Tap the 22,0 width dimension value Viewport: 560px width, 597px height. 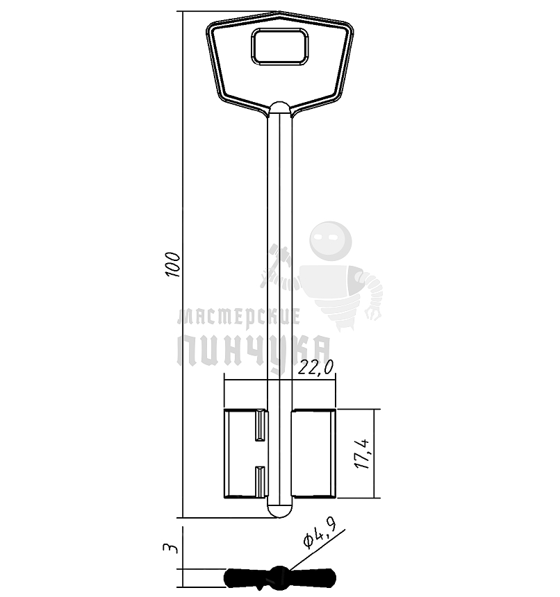[x=315, y=367]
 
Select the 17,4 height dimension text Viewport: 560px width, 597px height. [x=362, y=454]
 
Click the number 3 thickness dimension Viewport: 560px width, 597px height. [x=170, y=548]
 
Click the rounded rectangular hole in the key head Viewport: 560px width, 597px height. [x=279, y=47]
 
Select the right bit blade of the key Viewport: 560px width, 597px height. [x=314, y=453]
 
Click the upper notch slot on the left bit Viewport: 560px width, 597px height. [x=260, y=425]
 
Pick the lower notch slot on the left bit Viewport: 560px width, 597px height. [x=260, y=481]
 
